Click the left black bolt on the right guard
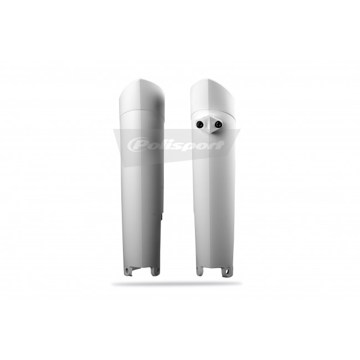200,124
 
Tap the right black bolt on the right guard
218,124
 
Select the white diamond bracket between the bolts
209,125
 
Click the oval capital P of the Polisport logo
137,145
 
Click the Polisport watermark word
176,145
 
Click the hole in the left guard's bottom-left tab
126,269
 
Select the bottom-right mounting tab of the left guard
155,271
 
